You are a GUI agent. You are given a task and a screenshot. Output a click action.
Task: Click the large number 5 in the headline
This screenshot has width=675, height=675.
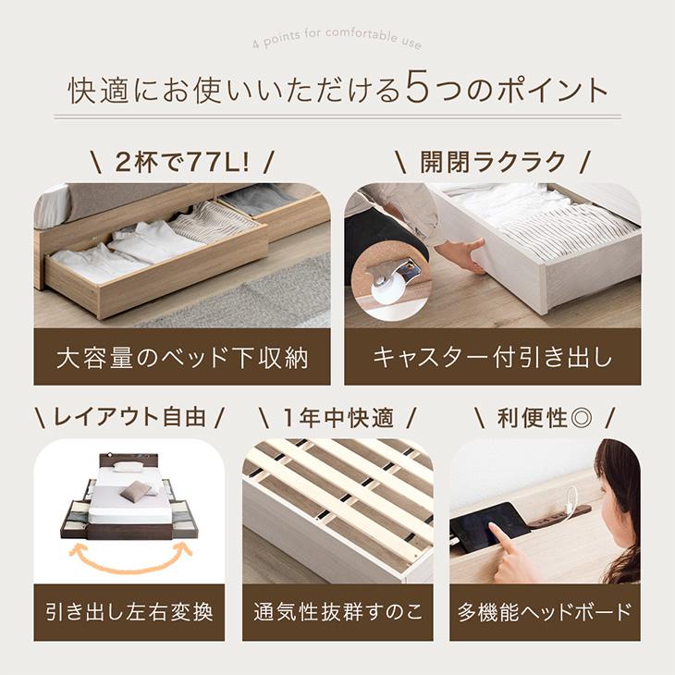point(418,90)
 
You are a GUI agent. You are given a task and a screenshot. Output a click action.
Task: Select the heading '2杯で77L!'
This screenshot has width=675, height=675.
point(182,162)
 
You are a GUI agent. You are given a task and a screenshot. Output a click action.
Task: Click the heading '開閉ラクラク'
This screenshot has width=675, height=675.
point(492,162)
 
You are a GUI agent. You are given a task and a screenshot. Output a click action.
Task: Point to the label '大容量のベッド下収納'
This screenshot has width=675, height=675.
point(182,358)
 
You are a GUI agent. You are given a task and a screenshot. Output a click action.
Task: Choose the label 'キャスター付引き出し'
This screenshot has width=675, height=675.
point(492,358)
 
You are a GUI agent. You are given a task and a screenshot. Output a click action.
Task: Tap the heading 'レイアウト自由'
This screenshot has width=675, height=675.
point(129,417)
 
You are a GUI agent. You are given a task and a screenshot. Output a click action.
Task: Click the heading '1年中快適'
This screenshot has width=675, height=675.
point(337,417)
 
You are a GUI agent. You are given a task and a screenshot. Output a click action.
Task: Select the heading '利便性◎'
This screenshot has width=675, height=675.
point(545,417)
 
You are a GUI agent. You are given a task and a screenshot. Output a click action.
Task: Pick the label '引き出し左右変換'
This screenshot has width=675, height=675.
point(129,612)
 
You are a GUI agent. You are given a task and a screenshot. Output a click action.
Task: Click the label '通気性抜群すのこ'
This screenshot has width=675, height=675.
point(337,612)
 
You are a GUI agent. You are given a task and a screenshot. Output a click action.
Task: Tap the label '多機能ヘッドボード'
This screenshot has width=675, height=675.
point(545,612)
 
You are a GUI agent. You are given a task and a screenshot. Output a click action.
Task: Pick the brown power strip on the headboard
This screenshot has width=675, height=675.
point(559,513)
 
